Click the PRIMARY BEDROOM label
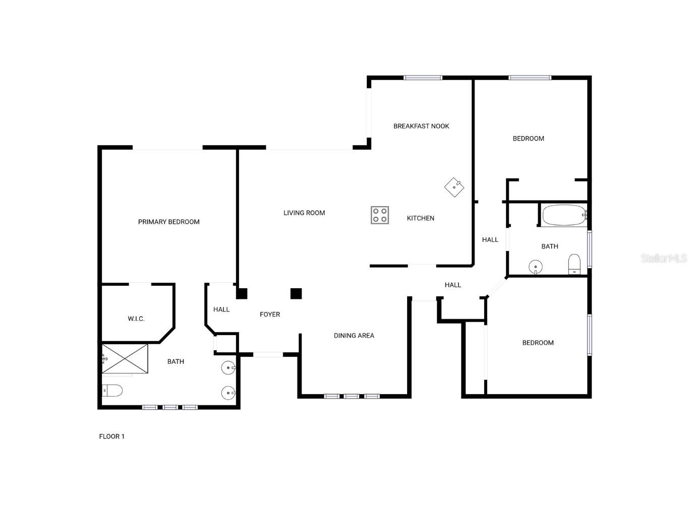coord(168,222)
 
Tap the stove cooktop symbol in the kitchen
coord(380,215)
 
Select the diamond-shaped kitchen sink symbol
coord(454,187)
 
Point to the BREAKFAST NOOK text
coord(421,126)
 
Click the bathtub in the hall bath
coord(564,215)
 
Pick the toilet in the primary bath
coord(112,390)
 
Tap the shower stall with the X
coord(125,358)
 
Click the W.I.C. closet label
coord(136,318)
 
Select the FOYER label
coord(270,314)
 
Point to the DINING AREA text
coord(354,336)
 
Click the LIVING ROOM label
coord(304,213)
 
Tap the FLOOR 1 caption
coord(111,436)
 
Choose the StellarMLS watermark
coord(663,258)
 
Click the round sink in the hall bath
coord(535,267)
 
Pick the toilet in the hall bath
coord(575,265)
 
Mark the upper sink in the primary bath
coord(228,368)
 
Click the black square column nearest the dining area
coord(296,293)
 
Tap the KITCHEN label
coord(420,218)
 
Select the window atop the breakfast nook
coord(423,78)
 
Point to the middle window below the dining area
coord(352,396)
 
